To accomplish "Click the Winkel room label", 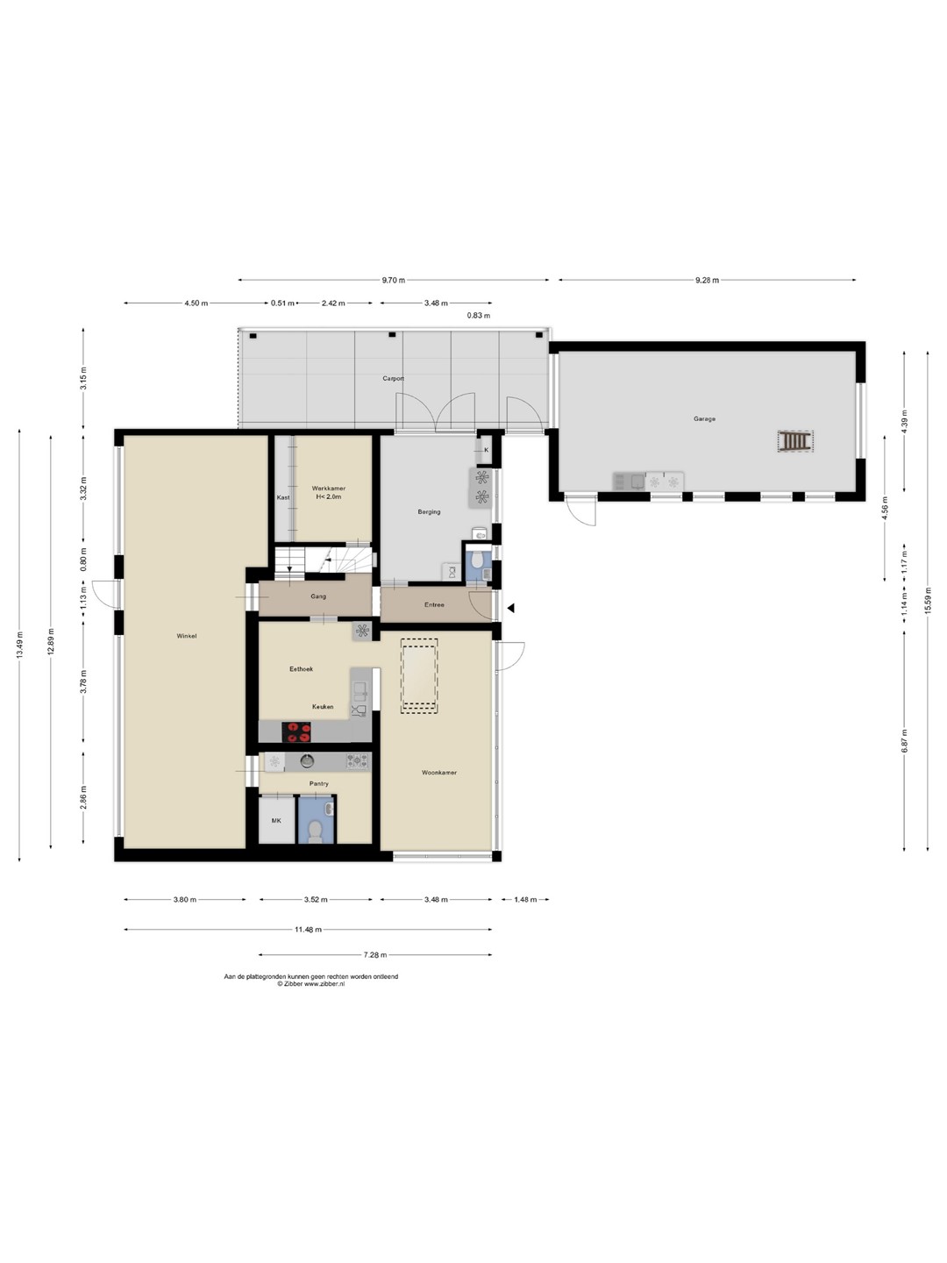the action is click(186, 636).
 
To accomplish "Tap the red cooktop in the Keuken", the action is click(296, 731).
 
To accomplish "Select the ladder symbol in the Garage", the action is click(795, 441).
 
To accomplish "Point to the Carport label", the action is click(394, 379).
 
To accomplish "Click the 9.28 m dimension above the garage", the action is click(707, 280).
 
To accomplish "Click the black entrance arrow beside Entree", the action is click(510, 608).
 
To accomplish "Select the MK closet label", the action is click(276, 821).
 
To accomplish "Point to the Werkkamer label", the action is click(328, 489).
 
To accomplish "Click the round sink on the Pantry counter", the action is click(308, 761).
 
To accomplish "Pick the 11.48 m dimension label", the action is click(308, 929).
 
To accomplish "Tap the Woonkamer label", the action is click(439, 773).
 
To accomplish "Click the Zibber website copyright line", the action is click(311, 984).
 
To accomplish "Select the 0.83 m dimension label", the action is click(479, 316).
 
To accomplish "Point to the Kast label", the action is click(283, 497).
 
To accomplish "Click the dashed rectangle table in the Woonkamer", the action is click(419, 676).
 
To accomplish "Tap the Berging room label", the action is click(429, 511).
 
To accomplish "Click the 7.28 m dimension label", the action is click(375, 955).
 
